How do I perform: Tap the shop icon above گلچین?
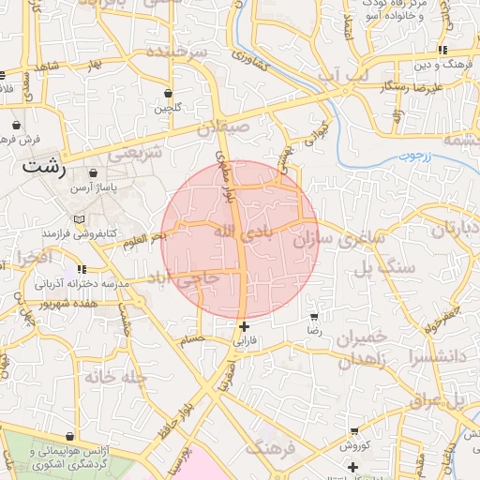168,94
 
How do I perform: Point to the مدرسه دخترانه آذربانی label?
73,282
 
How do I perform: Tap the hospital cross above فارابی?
245,327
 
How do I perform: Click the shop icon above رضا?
314,317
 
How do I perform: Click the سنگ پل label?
383,268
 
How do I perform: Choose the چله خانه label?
115,376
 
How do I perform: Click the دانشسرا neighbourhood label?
432,356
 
